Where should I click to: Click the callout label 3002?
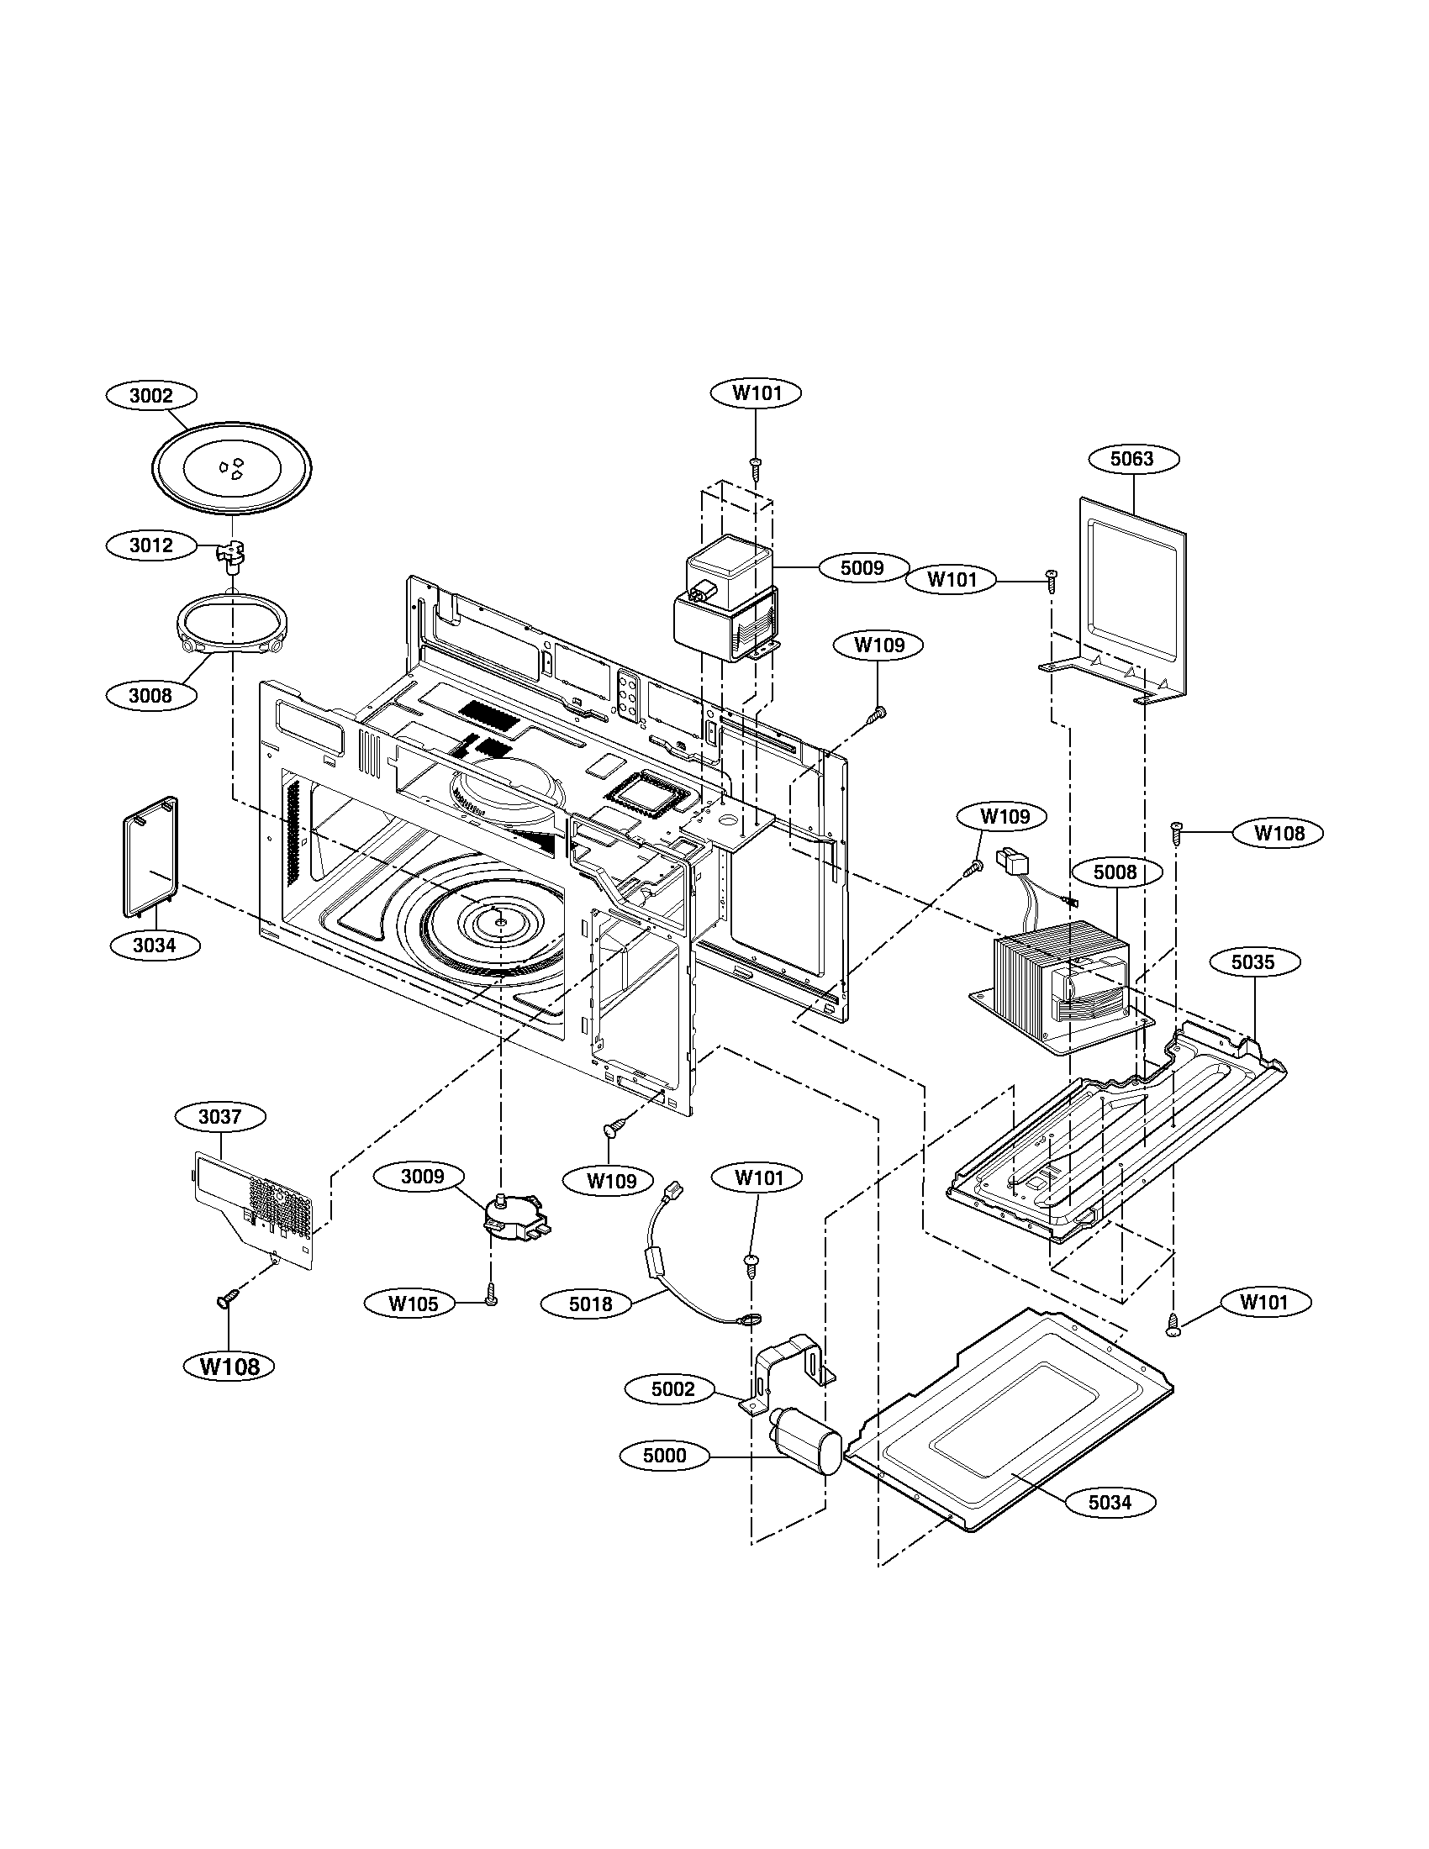[151, 395]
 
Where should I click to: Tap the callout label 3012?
[150, 545]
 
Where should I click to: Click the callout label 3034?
[154, 945]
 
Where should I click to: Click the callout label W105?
[414, 1303]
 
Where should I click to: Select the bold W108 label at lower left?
[230, 1366]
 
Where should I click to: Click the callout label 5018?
[590, 1304]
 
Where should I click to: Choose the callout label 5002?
[672, 1389]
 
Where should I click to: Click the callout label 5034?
[1109, 1502]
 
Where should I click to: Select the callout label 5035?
[1253, 962]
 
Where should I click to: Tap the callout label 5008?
[1115, 872]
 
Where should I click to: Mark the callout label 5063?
[1132, 459]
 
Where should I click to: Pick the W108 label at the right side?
[1279, 833]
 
